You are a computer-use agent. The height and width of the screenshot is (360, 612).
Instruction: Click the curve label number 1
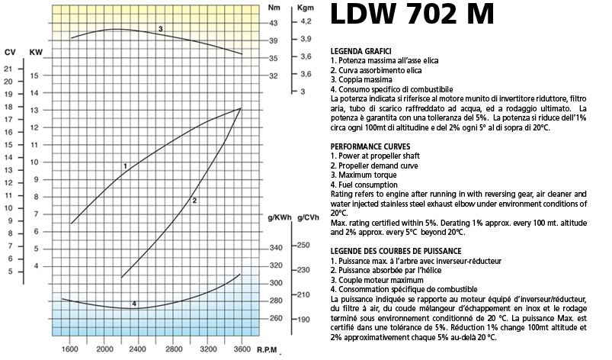tap(124, 166)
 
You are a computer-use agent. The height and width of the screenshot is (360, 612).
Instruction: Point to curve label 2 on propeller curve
tap(195, 201)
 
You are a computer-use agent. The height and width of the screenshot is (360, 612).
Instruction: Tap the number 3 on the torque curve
tap(161, 28)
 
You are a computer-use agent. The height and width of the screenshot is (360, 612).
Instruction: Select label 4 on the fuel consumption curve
tap(134, 304)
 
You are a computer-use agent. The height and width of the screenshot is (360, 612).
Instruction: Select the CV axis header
tap(10, 52)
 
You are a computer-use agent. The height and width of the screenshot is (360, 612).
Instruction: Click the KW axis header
tap(35, 52)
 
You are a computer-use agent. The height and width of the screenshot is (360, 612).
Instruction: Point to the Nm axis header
tap(274, 7)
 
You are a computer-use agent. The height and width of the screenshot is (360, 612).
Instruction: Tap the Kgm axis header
tap(305, 7)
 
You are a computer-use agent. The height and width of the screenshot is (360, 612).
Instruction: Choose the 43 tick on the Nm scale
tap(274, 23)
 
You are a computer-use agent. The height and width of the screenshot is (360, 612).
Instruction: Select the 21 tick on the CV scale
tap(8, 69)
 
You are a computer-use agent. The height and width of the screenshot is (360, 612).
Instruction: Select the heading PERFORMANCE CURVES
tap(371, 145)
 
